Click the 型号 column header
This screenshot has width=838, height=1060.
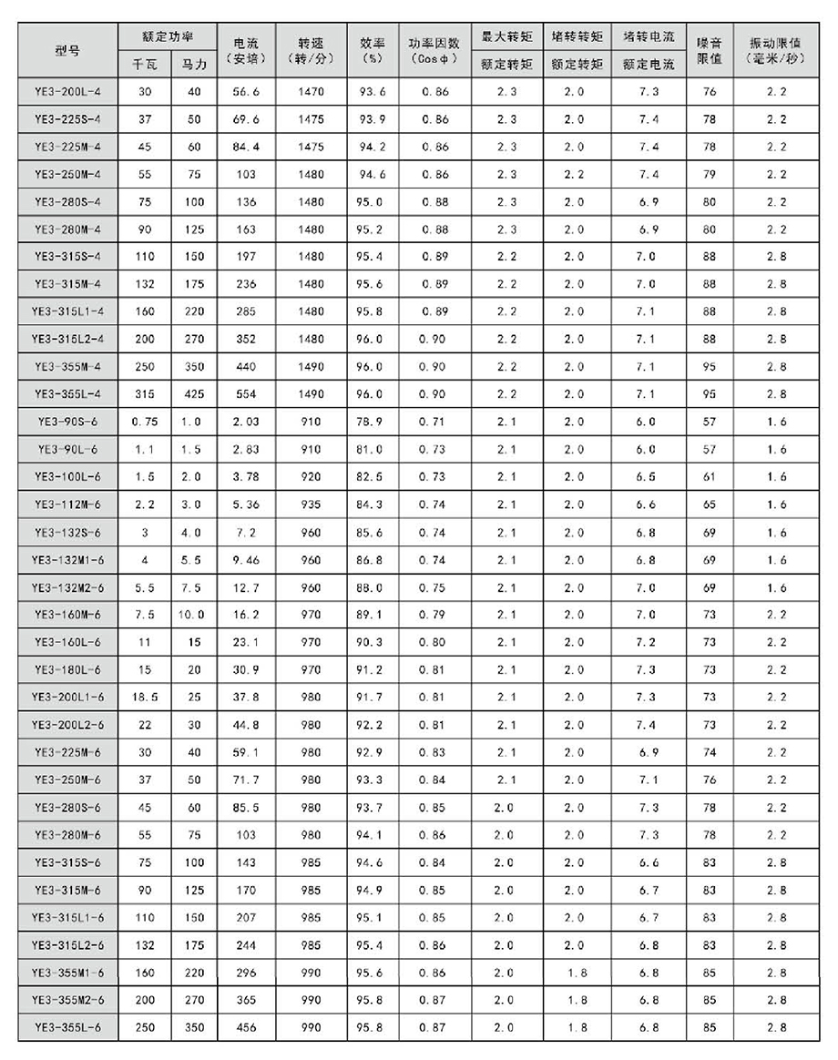coord(67,51)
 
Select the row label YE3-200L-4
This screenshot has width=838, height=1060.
coord(67,92)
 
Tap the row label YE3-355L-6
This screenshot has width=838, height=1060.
coord(67,1027)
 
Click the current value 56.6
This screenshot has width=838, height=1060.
coord(246,92)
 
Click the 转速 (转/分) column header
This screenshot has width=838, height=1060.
coord(311,51)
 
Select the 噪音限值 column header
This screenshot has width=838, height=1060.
coord(710,51)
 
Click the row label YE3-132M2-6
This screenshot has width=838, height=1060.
coord(67,587)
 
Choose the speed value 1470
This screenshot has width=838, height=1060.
coord(311,92)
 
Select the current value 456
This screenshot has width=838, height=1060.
coord(246,1027)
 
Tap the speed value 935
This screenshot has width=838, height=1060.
coord(311,505)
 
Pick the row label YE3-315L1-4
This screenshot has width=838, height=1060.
coord(67,312)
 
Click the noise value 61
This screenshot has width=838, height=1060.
coord(710,477)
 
